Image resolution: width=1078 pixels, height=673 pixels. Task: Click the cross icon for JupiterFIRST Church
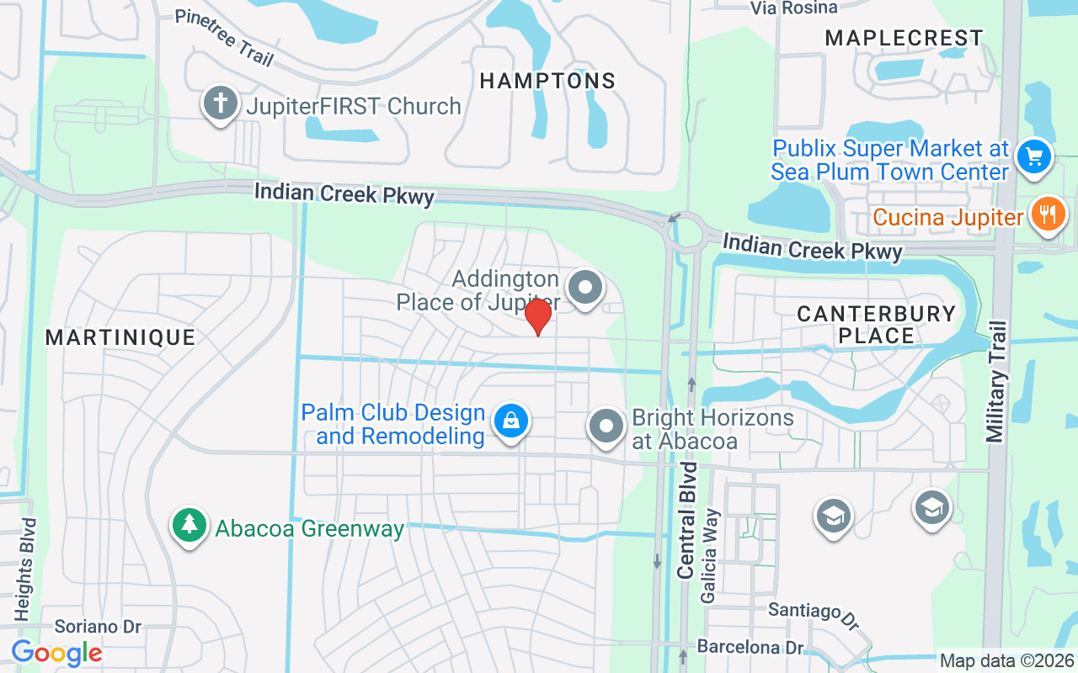[x=221, y=104]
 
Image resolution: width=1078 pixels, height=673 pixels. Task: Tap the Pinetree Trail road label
[x=224, y=38]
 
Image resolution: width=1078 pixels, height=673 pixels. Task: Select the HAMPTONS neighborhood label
[x=547, y=81]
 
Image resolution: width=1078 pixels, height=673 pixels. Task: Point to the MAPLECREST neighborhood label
[x=904, y=38]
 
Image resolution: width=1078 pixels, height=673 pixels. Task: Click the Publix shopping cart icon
[x=1034, y=156]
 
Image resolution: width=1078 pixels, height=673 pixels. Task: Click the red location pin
[x=537, y=317]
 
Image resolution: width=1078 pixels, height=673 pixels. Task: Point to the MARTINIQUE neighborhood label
[x=120, y=337]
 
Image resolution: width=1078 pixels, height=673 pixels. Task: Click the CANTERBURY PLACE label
[x=876, y=325]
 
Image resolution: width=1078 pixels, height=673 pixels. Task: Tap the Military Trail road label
[x=996, y=381]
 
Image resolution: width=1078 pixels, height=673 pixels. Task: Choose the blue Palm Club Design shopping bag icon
[x=510, y=420]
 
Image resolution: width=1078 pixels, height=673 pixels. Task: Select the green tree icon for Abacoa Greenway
[x=189, y=525]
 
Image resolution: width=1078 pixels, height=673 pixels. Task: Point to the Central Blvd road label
[x=687, y=519]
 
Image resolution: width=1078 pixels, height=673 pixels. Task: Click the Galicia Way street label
[x=709, y=555]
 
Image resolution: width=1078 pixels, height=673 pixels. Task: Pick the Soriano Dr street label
[x=98, y=627]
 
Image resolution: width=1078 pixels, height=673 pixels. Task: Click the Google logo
[x=56, y=653]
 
